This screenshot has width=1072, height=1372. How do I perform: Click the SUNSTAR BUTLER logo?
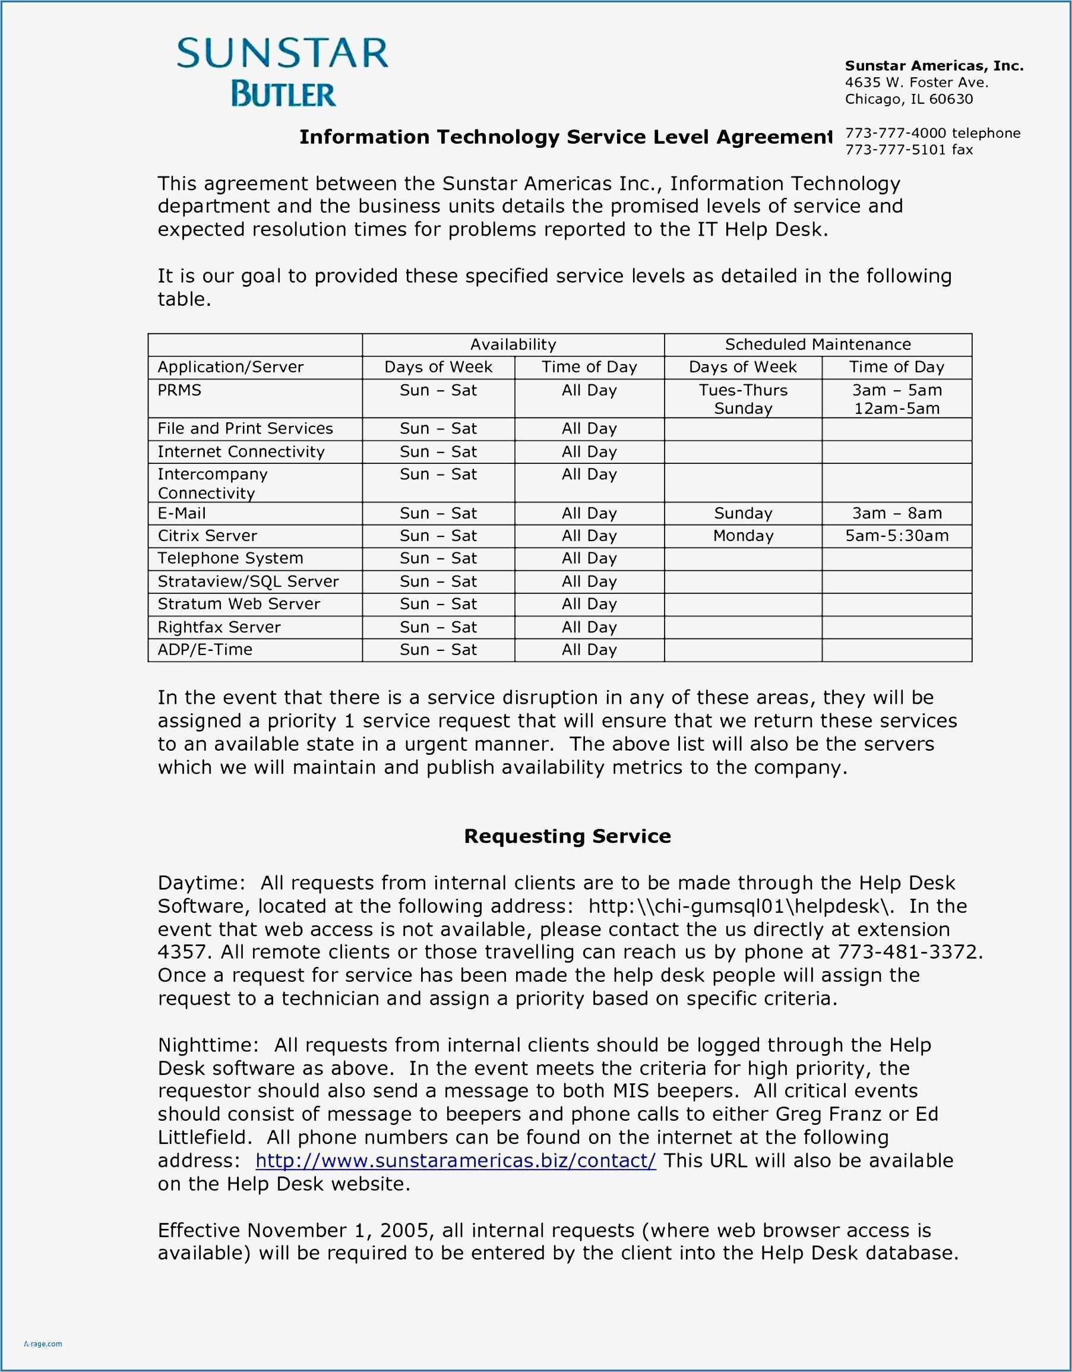tap(283, 72)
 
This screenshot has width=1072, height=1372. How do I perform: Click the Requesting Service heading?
tap(567, 836)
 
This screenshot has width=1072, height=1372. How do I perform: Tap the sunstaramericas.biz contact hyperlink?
tap(456, 1161)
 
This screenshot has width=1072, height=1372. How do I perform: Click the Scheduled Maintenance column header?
tap(818, 344)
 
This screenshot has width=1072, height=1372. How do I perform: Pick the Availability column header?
tap(513, 344)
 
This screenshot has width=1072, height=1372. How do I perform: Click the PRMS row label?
tap(179, 390)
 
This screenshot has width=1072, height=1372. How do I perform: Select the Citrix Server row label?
tap(207, 536)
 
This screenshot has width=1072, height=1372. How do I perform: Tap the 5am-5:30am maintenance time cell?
tap(896, 536)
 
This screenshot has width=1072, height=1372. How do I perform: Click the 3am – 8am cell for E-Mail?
tap(896, 513)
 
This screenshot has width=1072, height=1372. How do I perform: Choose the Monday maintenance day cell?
tap(743, 536)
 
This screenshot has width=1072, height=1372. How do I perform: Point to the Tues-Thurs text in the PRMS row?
tap(743, 390)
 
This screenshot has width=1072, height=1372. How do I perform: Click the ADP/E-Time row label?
tap(205, 650)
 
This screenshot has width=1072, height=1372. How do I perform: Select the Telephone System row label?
tap(230, 558)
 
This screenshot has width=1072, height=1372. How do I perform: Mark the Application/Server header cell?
tap(230, 367)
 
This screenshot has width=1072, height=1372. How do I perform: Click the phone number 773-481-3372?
tap(908, 951)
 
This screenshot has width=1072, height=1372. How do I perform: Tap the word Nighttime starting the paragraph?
tap(207, 1045)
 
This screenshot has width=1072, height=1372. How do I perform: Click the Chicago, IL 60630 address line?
tap(908, 99)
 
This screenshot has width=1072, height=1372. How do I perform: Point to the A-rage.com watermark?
tap(43, 1343)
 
